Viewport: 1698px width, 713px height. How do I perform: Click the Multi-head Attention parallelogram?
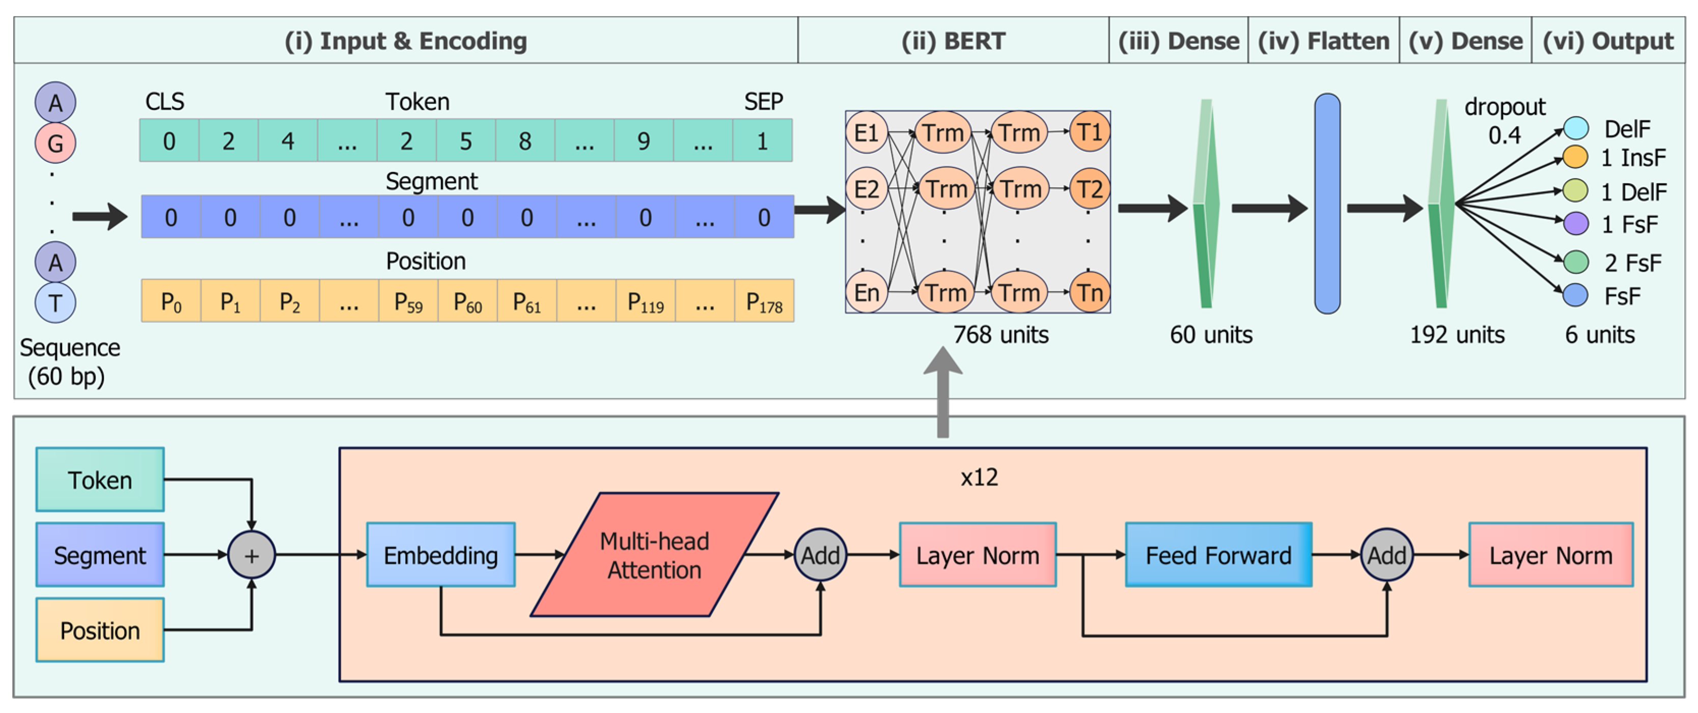coord(655,555)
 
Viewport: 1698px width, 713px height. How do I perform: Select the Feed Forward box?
coord(1218,555)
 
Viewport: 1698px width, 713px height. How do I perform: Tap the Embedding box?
coord(440,555)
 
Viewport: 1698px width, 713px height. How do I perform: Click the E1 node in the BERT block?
coord(866,132)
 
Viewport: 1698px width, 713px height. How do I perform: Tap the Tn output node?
coord(1090,292)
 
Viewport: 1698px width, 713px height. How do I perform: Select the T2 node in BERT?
coord(1090,189)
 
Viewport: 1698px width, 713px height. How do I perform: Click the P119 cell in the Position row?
coord(645,301)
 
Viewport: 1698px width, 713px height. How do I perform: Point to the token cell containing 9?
coord(644,140)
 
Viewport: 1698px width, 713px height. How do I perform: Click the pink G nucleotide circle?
coord(55,142)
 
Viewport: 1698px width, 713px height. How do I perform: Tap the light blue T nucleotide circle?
coord(55,302)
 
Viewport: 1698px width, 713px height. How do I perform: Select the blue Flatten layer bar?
coord(1327,204)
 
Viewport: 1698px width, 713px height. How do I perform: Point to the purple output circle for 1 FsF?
coord(1575,223)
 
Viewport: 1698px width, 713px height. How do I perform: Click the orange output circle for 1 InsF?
coord(1575,157)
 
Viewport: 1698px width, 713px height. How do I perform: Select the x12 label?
coord(979,476)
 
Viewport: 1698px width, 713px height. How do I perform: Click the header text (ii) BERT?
coord(953,41)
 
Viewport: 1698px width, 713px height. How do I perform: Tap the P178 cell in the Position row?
coord(764,301)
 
